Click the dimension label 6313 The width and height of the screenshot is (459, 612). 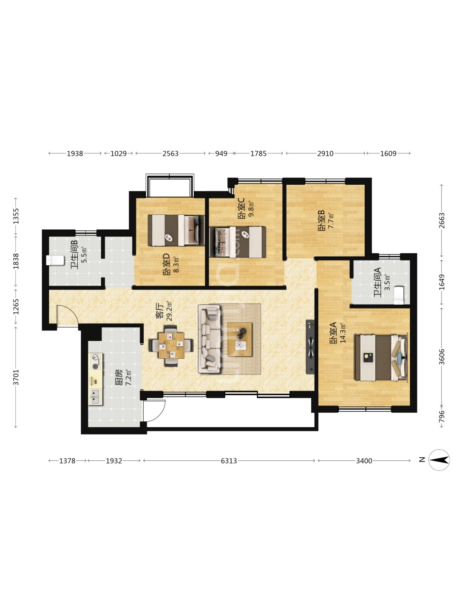pyautogui.click(x=229, y=461)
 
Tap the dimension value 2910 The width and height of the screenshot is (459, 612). pyautogui.click(x=325, y=153)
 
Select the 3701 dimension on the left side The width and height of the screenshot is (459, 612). pyautogui.click(x=16, y=377)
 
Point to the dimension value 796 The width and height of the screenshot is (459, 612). pyautogui.click(x=442, y=416)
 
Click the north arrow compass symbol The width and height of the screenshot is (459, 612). pyautogui.click(x=439, y=460)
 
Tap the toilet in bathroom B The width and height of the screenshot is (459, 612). pyautogui.click(x=55, y=261)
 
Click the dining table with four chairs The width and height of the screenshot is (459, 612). pyautogui.click(x=171, y=346)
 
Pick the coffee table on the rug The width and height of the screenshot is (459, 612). pyautogui.click(x=240, y=339)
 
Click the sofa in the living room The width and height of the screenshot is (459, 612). pyautogui.click(x=209, y=338)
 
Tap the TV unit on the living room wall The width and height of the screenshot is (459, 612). pyautogui.click(x=310, y=347)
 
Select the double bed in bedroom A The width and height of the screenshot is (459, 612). pyautogui.click(x=381, y=358)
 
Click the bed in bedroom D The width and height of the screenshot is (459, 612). pyautogui.click(x=176, y=230)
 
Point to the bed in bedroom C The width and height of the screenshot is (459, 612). pyautogui.click(x=238, y=242)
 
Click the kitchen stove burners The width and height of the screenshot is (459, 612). pyautogui.click(x=95, y=362)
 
